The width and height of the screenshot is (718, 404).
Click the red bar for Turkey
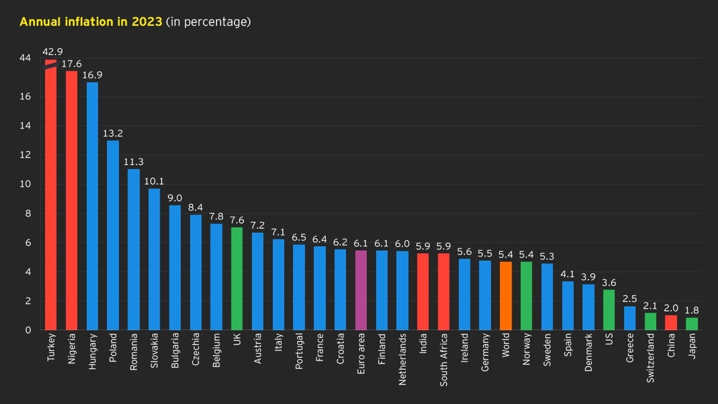click(x=51, y=196)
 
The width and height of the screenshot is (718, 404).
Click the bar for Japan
click(x=692, y=324)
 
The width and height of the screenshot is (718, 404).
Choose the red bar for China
click(x=671, y=323)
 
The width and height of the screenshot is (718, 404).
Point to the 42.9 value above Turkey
click(x=52, y=52)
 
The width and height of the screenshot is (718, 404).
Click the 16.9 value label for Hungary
click(x=92, y=75)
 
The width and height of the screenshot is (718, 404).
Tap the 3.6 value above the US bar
click(x=609, y=282)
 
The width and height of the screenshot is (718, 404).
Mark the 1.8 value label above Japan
click(x=692, y=310)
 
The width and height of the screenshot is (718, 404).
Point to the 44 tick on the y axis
click(x=25, y=58)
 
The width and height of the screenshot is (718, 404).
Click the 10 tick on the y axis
click(x=25, y=185)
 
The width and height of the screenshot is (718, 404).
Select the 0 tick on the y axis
click(x=27, y=330)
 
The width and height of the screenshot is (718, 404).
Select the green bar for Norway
click(x=526, y=296)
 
